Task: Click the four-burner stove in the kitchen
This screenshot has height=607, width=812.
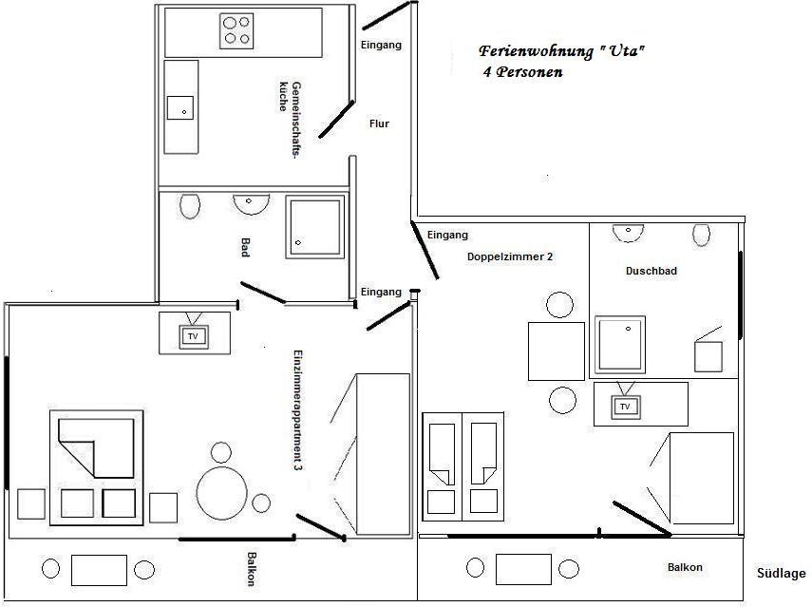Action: tap(236, 31)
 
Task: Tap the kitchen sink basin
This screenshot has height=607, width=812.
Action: tap(180, 107)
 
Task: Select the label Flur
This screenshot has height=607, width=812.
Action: tap(379, 123)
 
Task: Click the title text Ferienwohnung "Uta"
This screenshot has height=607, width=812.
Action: tap(561, 50)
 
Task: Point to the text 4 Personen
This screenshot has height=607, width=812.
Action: tap(522, 71)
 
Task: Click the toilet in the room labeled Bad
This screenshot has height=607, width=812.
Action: tap(190, 205)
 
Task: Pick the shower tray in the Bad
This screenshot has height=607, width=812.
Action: tap(315, 227)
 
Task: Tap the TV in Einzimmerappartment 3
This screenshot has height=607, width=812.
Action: tap(194, 336)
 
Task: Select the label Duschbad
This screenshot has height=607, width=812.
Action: tap(651, 271)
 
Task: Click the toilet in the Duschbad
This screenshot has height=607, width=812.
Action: tap(702, 235)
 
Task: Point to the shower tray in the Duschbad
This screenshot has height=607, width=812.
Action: tap(620, 345)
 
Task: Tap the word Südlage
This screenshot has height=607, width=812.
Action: tap(782, 574)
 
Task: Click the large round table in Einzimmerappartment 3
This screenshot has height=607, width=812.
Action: tap(222, 494)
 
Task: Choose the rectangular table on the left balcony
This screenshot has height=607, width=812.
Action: tap(99, 570)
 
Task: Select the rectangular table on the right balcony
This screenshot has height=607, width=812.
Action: tap(523, 569)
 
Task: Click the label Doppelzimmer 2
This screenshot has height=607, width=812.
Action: tap(510, 256)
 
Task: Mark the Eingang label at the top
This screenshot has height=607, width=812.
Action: tap(381, 45)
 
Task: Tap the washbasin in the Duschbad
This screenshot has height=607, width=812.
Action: tap(628, 233)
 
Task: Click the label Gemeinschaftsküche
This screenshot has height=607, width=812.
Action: tap(290, 120)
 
